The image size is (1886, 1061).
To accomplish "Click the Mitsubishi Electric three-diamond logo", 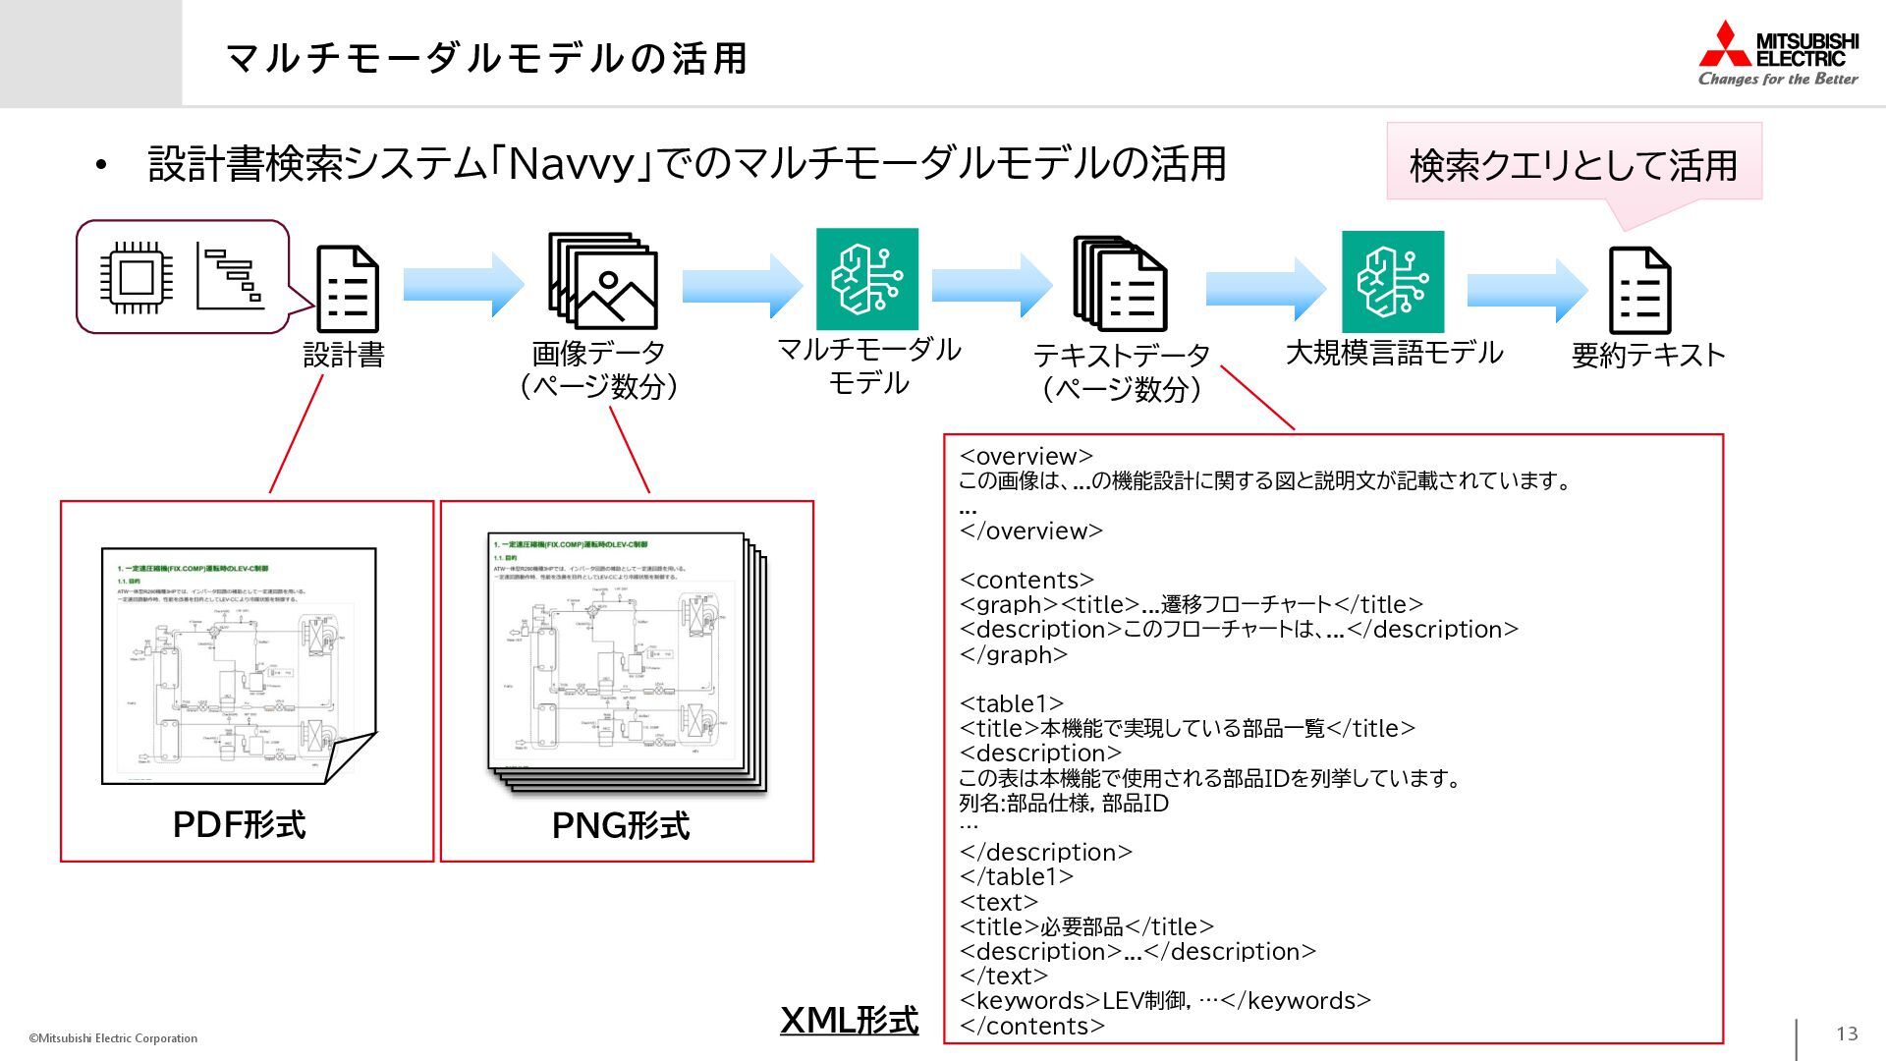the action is point(1725,45).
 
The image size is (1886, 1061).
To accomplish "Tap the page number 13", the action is point(1847,1033).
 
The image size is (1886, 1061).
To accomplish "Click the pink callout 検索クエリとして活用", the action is point(1574,164).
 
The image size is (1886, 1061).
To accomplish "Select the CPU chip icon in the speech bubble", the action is point(136,277).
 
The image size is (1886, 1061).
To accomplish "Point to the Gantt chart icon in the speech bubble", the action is point(231,276).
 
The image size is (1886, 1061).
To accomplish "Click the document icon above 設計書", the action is point(347,289).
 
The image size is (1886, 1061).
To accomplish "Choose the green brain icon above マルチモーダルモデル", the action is point(866,279).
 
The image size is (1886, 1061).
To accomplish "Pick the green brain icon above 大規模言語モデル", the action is point(1392,282).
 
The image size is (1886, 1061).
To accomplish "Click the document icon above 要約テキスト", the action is point(1638,291).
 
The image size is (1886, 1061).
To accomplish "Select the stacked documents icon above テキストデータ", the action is point(1120,283).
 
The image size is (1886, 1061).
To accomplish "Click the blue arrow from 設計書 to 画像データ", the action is point(463,284).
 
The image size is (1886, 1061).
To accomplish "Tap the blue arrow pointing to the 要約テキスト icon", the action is point(1526,290).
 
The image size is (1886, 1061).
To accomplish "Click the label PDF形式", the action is point(239,824).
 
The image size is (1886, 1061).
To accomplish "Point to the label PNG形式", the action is point(620,825).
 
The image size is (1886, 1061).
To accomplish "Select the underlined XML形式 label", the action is point(849,1020).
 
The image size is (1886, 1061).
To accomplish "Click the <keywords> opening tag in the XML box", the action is point(1029,1000).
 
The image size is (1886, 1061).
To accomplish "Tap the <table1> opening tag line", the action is point(1011,703).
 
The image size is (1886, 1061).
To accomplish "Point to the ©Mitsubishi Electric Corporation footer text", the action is point(113,1038).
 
